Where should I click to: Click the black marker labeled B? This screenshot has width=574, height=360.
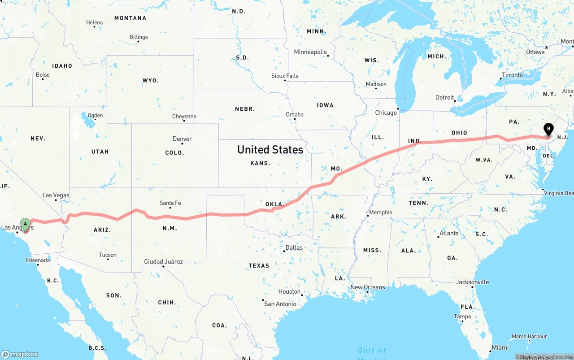tap(548, 129)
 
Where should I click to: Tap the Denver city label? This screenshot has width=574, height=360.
tap(182, 139)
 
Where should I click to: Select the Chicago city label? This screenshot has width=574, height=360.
tap(386, 113)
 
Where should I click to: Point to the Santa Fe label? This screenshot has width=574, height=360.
tap(170, 203)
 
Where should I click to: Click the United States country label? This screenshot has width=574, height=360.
tap(270, 149)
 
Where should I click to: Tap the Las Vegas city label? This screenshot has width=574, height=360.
tap(56, 195)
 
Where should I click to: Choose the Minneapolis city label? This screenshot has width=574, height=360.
tap(310, 52)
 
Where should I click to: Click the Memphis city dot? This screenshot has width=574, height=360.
tap(368, 216)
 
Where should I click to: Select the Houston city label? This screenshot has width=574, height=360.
tap(289, 291)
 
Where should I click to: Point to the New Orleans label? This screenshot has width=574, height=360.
tap(367, 287)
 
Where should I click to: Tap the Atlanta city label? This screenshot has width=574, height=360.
tap(449, 233)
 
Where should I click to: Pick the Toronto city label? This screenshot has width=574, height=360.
tap(512, 75)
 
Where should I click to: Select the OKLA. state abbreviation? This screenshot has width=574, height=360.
tap(274, 204)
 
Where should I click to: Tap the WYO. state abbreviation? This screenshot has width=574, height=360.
tap(150, 81)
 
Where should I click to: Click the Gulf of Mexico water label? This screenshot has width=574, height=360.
tap(371, 351)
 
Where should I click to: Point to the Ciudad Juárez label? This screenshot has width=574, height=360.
tap(163, 261)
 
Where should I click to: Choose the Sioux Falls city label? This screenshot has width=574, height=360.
tap(285, 76)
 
